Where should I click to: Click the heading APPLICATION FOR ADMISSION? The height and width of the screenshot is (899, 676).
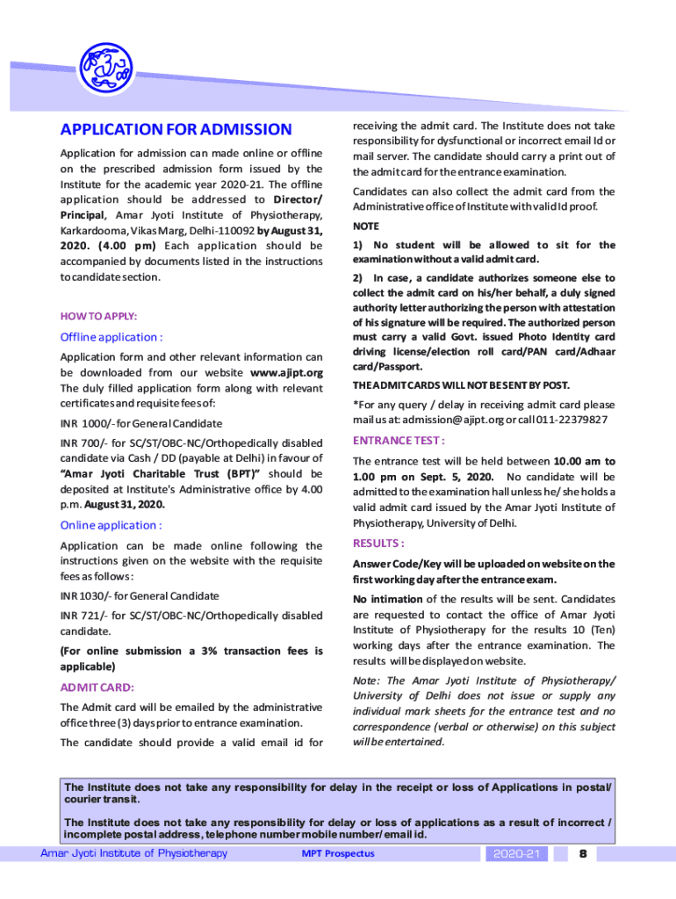tap(176, 130)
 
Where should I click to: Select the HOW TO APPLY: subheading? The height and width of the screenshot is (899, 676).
tap(98, 316)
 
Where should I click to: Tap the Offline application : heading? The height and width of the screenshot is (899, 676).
tap(111, 337)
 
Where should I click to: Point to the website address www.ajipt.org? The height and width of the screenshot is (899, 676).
tap(286, 372)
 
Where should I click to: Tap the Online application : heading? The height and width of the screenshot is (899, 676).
tap(111, 526)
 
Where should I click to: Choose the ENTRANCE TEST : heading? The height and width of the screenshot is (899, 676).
tap(398, 440)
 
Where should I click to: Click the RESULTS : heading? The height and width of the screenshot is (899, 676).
tap(378, 543)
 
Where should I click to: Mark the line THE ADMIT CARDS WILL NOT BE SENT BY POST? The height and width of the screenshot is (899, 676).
tap(461, 385)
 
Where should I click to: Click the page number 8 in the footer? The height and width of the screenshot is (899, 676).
tap(582, 853)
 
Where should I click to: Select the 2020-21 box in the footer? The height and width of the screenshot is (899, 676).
tap(520, 853)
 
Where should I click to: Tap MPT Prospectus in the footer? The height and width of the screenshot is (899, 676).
tap(338, 853)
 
